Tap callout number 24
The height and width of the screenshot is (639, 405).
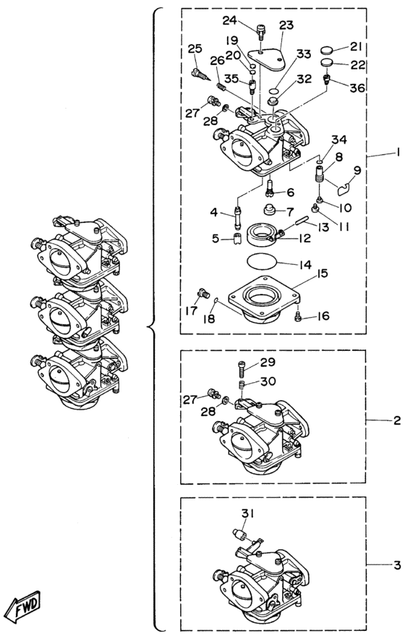[x=229, y=20]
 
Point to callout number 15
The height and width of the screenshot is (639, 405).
[x=322, y=274]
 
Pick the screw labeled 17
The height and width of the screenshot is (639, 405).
[x=202, y=292]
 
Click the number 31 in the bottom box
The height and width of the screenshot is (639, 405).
[x=247, y=514]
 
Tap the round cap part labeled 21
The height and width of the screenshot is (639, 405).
[x=327, y=50]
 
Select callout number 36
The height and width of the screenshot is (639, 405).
[x=357, y=88]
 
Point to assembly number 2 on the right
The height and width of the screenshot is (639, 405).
[x=397, y=420]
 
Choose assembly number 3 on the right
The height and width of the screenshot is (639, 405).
[x=397, y=566]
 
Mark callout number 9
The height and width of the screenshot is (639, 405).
[x=357, y=169]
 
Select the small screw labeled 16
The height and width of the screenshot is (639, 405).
[x=298, y=316]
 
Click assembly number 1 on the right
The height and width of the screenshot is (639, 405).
[x=397, y=153]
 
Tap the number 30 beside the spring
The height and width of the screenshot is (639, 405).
[x=268, y=381]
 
